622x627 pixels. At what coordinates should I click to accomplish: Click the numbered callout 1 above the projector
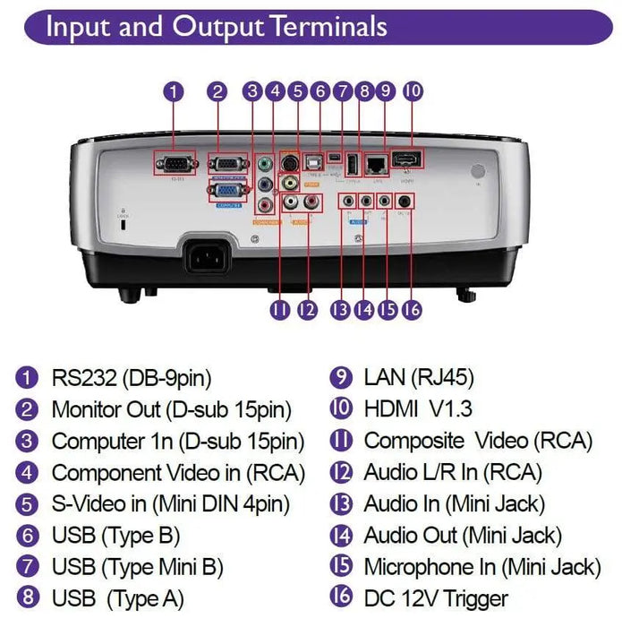coord(174,90)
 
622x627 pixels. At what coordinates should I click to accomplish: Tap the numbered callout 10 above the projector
coord(413,90)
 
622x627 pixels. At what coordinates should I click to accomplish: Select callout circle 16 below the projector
coord(410,309)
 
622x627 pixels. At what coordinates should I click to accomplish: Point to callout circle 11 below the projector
coord(280,309)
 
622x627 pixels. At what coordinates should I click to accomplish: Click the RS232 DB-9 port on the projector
coord(174,164)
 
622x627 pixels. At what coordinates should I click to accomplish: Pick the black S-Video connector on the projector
coord(289,162)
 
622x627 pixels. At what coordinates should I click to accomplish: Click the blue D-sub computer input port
coord(228,189)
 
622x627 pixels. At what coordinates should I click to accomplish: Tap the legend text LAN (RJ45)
coord(418,377)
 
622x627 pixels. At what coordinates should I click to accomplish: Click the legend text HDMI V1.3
coord(417,409)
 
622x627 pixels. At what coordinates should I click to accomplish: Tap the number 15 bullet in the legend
coord(341,567)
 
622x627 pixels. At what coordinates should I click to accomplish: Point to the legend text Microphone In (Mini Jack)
coord(481,567)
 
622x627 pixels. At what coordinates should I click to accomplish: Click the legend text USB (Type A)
coord(117,598)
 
